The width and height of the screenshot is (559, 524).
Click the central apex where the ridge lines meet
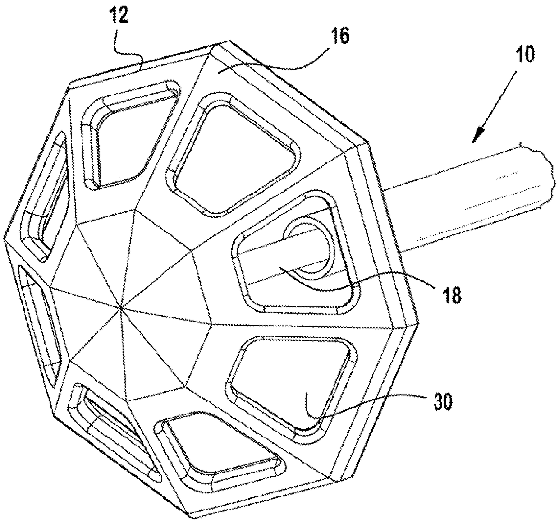[122, 308]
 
